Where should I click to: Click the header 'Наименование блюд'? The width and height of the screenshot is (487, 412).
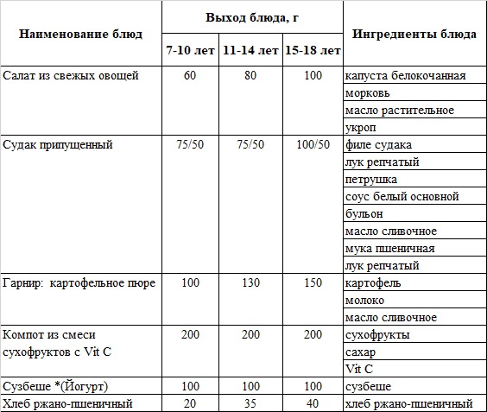pos(80,35)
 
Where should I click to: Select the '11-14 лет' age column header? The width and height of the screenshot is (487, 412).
pos(250,51)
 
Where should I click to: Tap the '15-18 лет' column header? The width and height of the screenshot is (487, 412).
pos(312,51)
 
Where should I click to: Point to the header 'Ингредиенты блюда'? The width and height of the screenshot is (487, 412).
pos(414,35)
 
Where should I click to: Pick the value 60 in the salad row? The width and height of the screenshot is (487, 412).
pos(191,76)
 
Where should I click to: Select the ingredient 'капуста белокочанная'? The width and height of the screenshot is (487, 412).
pos(404,76)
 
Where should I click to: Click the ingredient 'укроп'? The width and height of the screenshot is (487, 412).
pos(360,128)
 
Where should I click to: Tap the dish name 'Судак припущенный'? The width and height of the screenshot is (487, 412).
pos(58,145)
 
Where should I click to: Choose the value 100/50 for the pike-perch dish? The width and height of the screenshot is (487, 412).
pos(312,145)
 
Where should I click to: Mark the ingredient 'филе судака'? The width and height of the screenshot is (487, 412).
pos(377,145)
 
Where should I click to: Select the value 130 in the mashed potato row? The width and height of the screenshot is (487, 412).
pos(250,283)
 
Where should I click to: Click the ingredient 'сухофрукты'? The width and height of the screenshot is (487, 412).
pos(376,335)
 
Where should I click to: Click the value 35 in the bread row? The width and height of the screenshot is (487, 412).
pos(250,403)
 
